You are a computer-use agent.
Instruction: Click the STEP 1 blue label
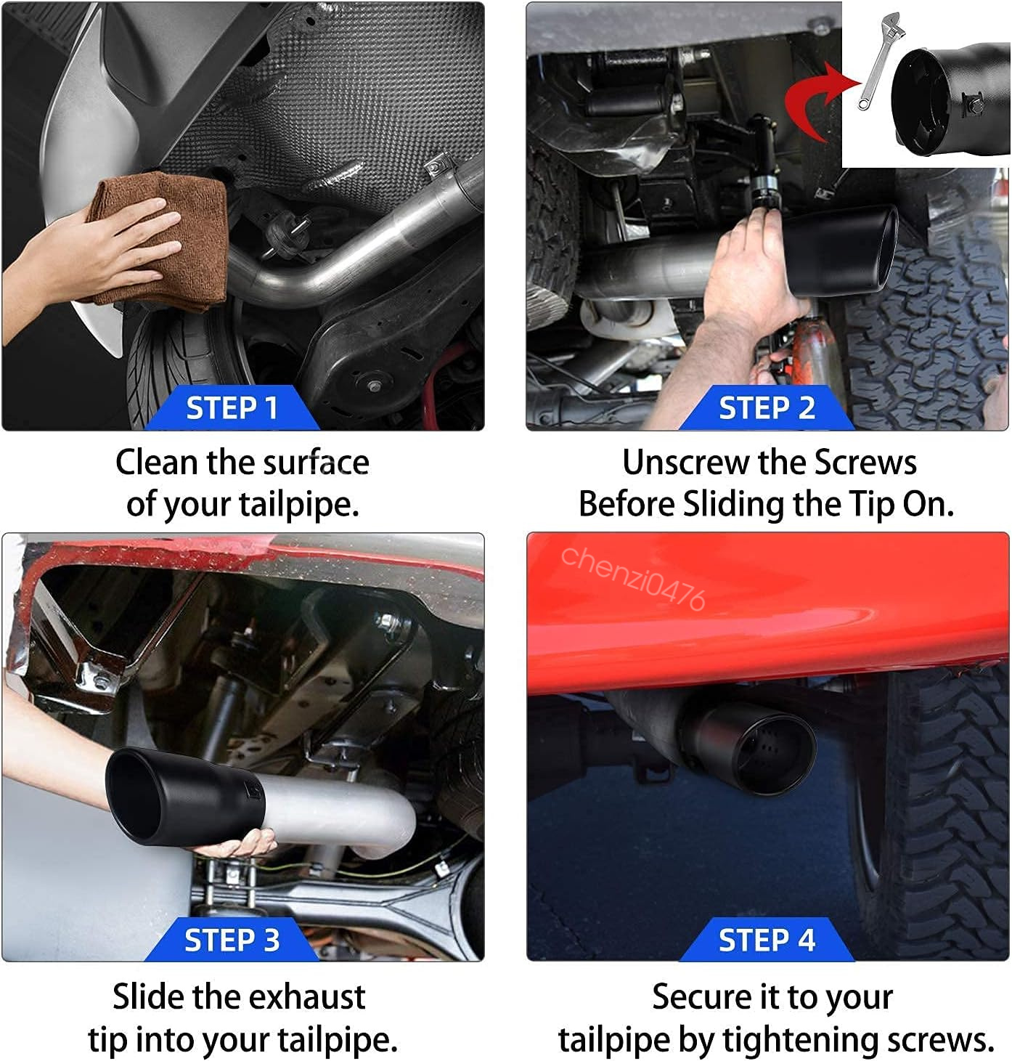pyautogui.click(x=232, y=408)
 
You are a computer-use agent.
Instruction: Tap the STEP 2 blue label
pyautogui.click(x=767, y=408)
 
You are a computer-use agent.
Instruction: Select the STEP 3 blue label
pyautogui.click(x=232, y=940)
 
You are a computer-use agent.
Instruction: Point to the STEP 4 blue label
pyautogui.click(x=767, y=940)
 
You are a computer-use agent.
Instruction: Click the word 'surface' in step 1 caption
pyautogui.click(x=316, y=463)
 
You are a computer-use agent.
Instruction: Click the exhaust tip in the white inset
pyautogui.click(x=950, y=99)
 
